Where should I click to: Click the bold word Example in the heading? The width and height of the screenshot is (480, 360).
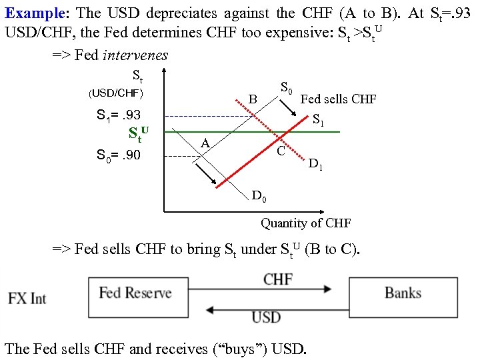(33, 13)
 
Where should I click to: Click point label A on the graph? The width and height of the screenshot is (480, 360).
(206, 144)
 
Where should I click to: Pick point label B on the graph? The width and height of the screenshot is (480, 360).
(253, 99)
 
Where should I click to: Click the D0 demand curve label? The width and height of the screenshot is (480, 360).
(259, 195)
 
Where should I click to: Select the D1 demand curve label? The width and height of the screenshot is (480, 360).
(316, 163)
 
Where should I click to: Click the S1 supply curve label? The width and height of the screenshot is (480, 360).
(319, 121)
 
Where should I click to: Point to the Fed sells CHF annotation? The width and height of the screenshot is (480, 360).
(338, 99)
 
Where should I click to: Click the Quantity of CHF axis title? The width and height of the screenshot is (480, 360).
(305, 223)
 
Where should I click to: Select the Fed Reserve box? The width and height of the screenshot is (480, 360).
(135, 293)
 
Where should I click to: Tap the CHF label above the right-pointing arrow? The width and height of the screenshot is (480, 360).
(277, 278)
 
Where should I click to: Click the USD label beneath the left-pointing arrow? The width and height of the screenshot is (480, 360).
(266, 317)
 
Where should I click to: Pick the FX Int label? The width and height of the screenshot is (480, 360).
(27, 298)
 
